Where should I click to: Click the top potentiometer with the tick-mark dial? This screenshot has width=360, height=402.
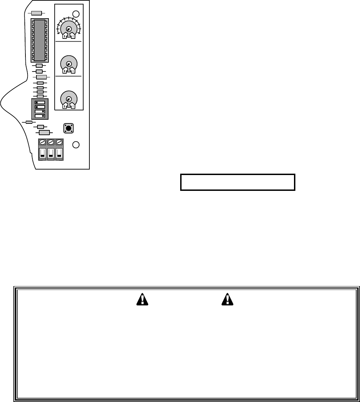point(69,29)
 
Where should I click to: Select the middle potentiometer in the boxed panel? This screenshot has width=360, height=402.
point(69,64)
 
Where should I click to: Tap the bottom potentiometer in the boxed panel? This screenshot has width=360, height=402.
point(69,99)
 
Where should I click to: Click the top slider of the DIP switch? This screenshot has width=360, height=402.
point(40,102)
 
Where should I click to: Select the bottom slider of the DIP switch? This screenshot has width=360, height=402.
point(40,116)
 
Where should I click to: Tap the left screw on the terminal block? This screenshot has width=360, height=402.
point(42,142)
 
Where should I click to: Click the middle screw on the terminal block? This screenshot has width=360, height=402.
point(51,142)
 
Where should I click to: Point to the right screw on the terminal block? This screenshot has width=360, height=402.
point(59,142)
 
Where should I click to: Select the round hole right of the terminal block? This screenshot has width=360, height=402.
point(76,145)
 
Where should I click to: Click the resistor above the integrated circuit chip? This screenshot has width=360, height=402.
point(36,13)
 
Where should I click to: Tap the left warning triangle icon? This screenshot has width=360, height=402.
point(141,300)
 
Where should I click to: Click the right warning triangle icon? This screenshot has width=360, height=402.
point(227,300)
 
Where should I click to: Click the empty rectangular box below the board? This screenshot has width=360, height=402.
point(238,182)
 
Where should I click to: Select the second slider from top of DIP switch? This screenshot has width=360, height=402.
point(40,107)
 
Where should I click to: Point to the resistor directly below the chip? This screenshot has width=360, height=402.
point(39,65)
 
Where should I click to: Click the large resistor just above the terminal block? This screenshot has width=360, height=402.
point(44,132)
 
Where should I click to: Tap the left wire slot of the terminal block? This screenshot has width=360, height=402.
point(42,153)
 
